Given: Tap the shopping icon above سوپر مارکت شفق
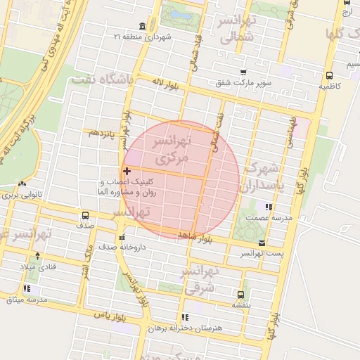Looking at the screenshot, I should pos(243,72).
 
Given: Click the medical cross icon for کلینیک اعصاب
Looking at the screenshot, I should pos(127,171).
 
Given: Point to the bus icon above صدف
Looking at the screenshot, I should pos(85,216).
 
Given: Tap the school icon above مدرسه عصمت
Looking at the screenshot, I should pos(267,207).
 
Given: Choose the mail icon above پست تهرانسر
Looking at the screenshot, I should pos(262,243).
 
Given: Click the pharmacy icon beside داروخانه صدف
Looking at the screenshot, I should pos(122,237).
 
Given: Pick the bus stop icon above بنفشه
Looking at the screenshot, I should pos(241,295).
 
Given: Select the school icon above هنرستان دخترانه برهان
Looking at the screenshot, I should pos(185,318).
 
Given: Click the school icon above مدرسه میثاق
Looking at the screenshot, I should pos(27,289).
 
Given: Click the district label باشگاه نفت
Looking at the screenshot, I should pos(101,79).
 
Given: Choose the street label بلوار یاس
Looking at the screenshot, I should pos(112,318).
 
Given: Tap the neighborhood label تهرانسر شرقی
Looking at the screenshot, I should pos(202,278).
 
